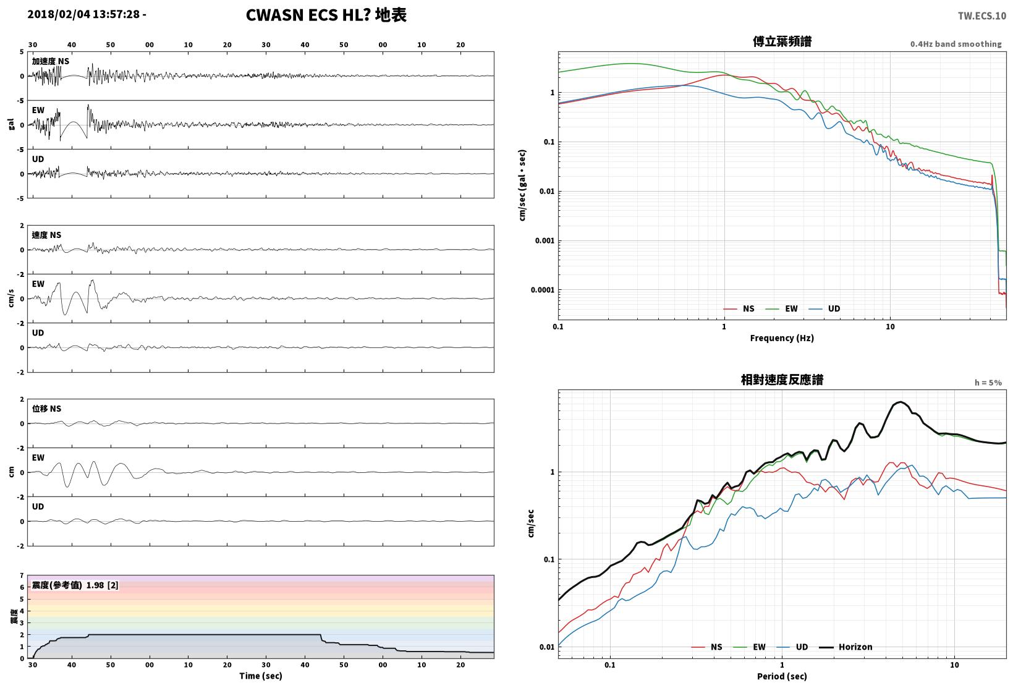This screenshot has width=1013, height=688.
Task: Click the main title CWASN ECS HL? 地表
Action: (x=326, y=15)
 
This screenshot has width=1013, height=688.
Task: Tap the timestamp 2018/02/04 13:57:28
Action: (x=83, y=14)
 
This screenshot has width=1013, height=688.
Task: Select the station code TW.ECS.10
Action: (x=982, y=16)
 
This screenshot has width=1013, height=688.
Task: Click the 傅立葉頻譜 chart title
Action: (x=782, y=41)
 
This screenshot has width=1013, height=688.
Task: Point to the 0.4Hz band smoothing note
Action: (x=956, y=44)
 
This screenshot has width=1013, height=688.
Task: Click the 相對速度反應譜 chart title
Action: (x=782, y=380)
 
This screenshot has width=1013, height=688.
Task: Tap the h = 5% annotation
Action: (x=988, y=383)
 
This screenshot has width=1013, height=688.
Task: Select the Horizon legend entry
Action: (x=846, y=647)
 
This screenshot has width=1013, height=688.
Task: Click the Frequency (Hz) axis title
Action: (x=781, y=338)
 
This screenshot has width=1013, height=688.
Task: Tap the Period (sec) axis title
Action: (x=781, y=676)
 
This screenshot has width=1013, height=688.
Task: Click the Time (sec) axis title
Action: (x=260, y=676)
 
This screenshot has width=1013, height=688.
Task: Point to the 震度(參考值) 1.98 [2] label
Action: (x=75, y=585)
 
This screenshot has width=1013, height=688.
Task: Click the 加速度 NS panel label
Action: (x=50, y=62)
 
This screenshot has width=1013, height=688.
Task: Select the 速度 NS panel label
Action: (x=46, y=236)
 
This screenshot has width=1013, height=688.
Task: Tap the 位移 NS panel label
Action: (x=46, y=409)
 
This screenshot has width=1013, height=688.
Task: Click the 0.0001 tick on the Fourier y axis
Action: (x=542, y=290)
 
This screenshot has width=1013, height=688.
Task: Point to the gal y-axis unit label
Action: (x=11, y=124)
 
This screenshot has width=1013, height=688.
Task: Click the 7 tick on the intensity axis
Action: (x=22, y=575)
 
